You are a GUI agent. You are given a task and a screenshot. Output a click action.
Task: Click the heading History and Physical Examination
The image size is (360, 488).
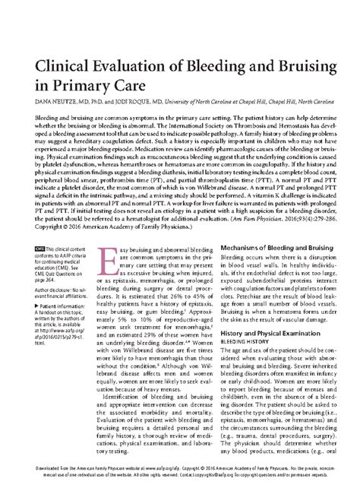point(272,322)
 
